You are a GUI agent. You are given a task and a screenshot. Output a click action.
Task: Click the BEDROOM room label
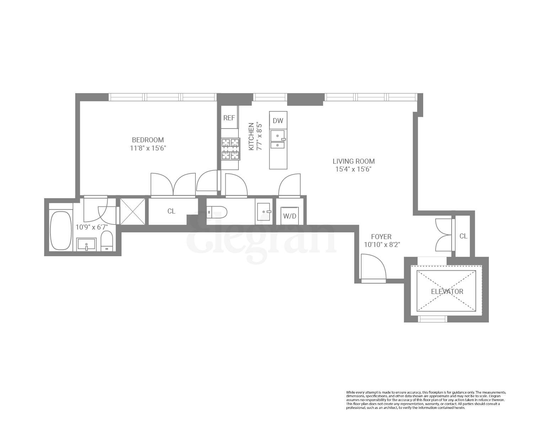(x=148, y=140)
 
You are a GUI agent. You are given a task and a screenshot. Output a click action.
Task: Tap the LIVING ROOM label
(x=353, y=161)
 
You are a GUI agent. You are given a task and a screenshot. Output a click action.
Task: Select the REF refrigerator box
(x=229, y=117)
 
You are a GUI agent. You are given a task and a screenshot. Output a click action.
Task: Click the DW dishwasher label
(x=278, y=121)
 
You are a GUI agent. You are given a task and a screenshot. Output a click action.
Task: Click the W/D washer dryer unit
(x=289, y=216)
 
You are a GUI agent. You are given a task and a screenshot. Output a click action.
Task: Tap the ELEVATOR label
(x=447, y=291)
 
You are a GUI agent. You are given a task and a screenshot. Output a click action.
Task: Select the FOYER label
(x=381, y=237)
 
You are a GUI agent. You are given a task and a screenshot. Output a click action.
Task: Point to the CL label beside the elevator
(x=463, y=236)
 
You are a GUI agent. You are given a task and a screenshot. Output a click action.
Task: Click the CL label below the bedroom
(x=171, y=211)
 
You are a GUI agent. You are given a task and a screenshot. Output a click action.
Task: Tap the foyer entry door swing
(x=372, y=267)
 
